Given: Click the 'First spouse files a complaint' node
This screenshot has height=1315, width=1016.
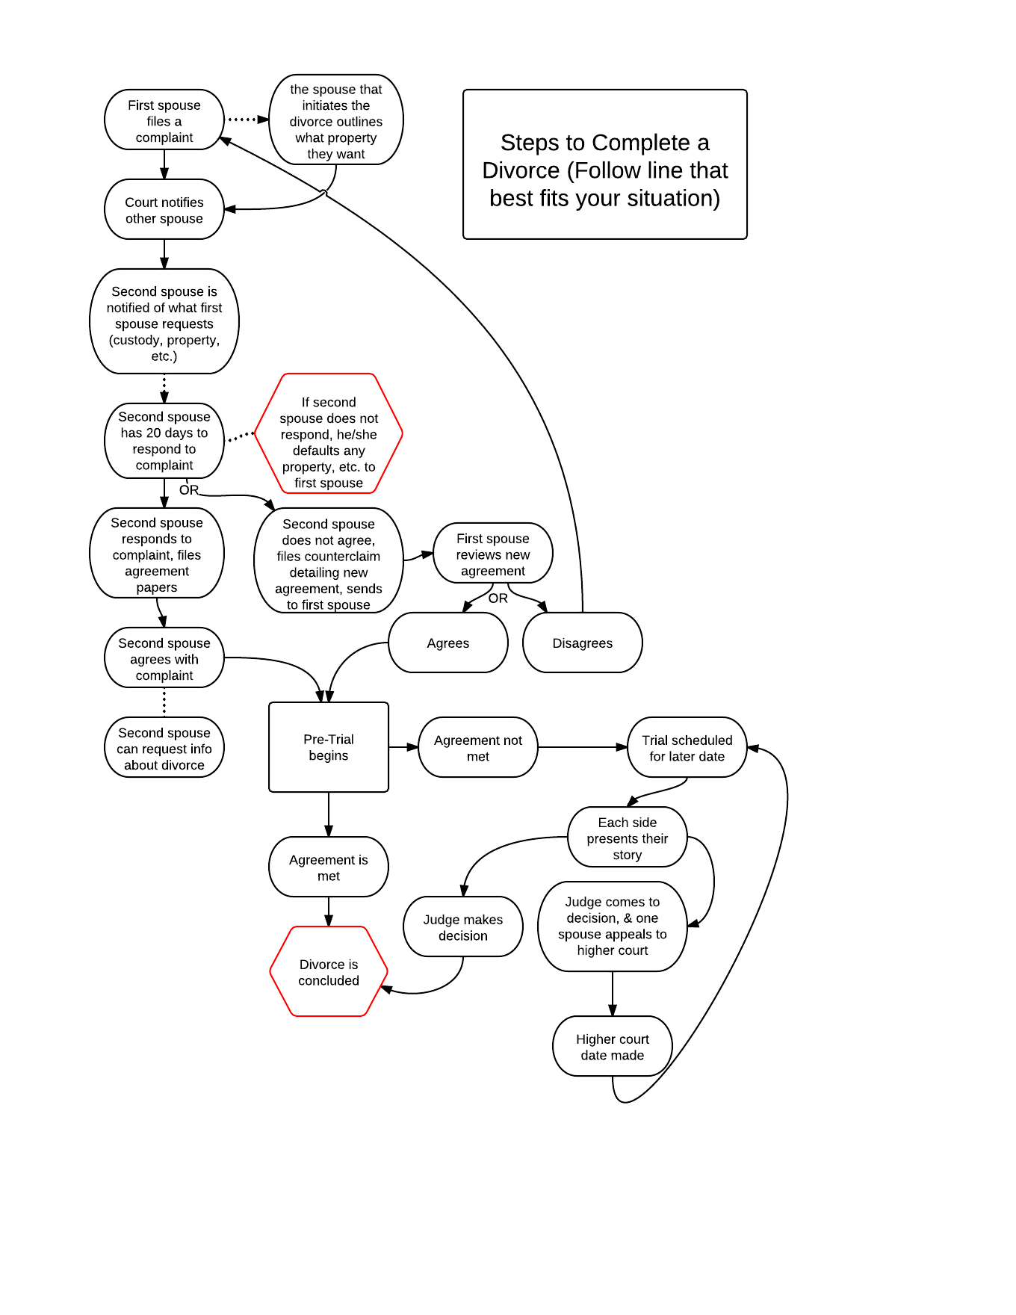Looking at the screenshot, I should coord(164,120).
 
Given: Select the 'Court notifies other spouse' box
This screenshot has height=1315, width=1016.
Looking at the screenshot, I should coord(164,210).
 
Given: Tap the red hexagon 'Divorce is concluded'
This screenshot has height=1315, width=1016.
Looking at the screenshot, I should coord(329,972).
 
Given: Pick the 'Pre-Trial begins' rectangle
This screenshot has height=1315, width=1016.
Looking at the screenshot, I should coord(329,747).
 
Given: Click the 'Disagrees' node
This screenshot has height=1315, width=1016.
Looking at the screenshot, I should coord(583,643).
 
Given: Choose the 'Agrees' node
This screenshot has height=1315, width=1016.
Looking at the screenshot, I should coord(448,643).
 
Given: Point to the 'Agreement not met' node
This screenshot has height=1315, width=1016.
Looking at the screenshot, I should coord(478,748).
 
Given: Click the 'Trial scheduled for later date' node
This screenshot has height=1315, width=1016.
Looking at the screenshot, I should coord(687,748).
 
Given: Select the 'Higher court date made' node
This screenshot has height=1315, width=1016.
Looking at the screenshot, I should coord(613,1047).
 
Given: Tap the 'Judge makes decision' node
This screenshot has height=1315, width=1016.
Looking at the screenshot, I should coord(463,927).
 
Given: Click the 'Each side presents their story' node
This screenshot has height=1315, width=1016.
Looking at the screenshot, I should coord(628,838).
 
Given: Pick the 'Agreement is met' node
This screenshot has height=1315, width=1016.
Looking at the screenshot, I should coord(329,867).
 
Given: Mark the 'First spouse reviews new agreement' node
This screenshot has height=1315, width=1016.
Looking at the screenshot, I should coord(493,554).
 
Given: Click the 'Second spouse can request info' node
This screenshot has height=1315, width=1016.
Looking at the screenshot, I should coord(164,748).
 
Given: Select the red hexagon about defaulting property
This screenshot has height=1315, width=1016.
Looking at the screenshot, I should coord(329,434).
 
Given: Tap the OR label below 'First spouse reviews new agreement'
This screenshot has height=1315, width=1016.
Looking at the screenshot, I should coord(498,598).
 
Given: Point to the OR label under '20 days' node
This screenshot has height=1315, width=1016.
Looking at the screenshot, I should coord(189,490).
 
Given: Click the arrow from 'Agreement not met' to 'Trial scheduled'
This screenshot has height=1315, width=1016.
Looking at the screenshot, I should coord(583,747).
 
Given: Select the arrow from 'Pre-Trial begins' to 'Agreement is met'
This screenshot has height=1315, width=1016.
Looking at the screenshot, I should coord(329,814).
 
